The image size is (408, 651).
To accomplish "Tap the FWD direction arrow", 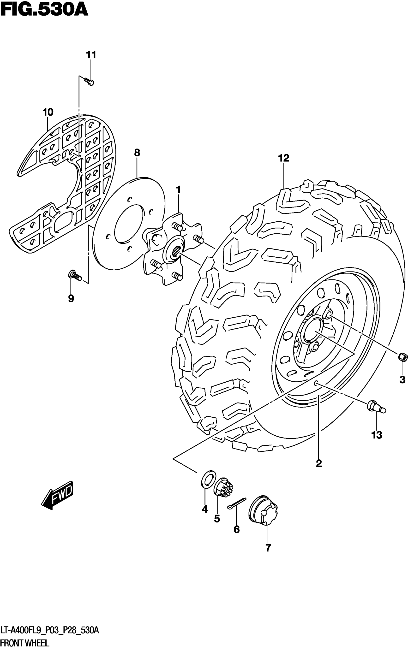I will (x=57, y=495).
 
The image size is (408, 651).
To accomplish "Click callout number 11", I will (x=91, y=55).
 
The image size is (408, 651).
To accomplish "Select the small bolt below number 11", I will (x=89, y=82).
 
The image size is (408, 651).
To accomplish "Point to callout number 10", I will (x=48, y=112).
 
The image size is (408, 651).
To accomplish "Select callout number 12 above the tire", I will (x=284, y=158).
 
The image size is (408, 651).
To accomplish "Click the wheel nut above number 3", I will (x=403, y=357).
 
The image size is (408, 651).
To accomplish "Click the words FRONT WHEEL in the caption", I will (x=25, y=644).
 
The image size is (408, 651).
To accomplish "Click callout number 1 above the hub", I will (x=178, y=190).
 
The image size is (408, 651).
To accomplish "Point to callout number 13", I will (x=377, y=435).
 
